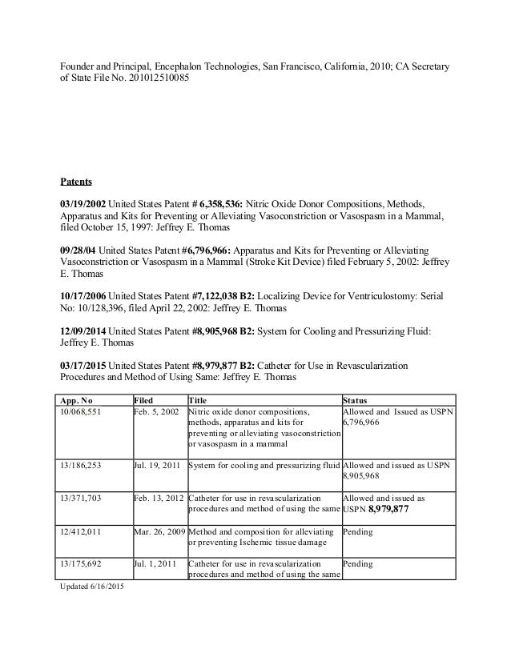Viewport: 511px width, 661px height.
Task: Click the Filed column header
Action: [145, 399]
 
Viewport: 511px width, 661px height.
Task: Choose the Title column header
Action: [196, 399]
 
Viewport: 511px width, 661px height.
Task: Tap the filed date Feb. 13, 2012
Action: [158, 498]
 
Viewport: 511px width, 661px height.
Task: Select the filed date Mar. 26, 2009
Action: [159, 531]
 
